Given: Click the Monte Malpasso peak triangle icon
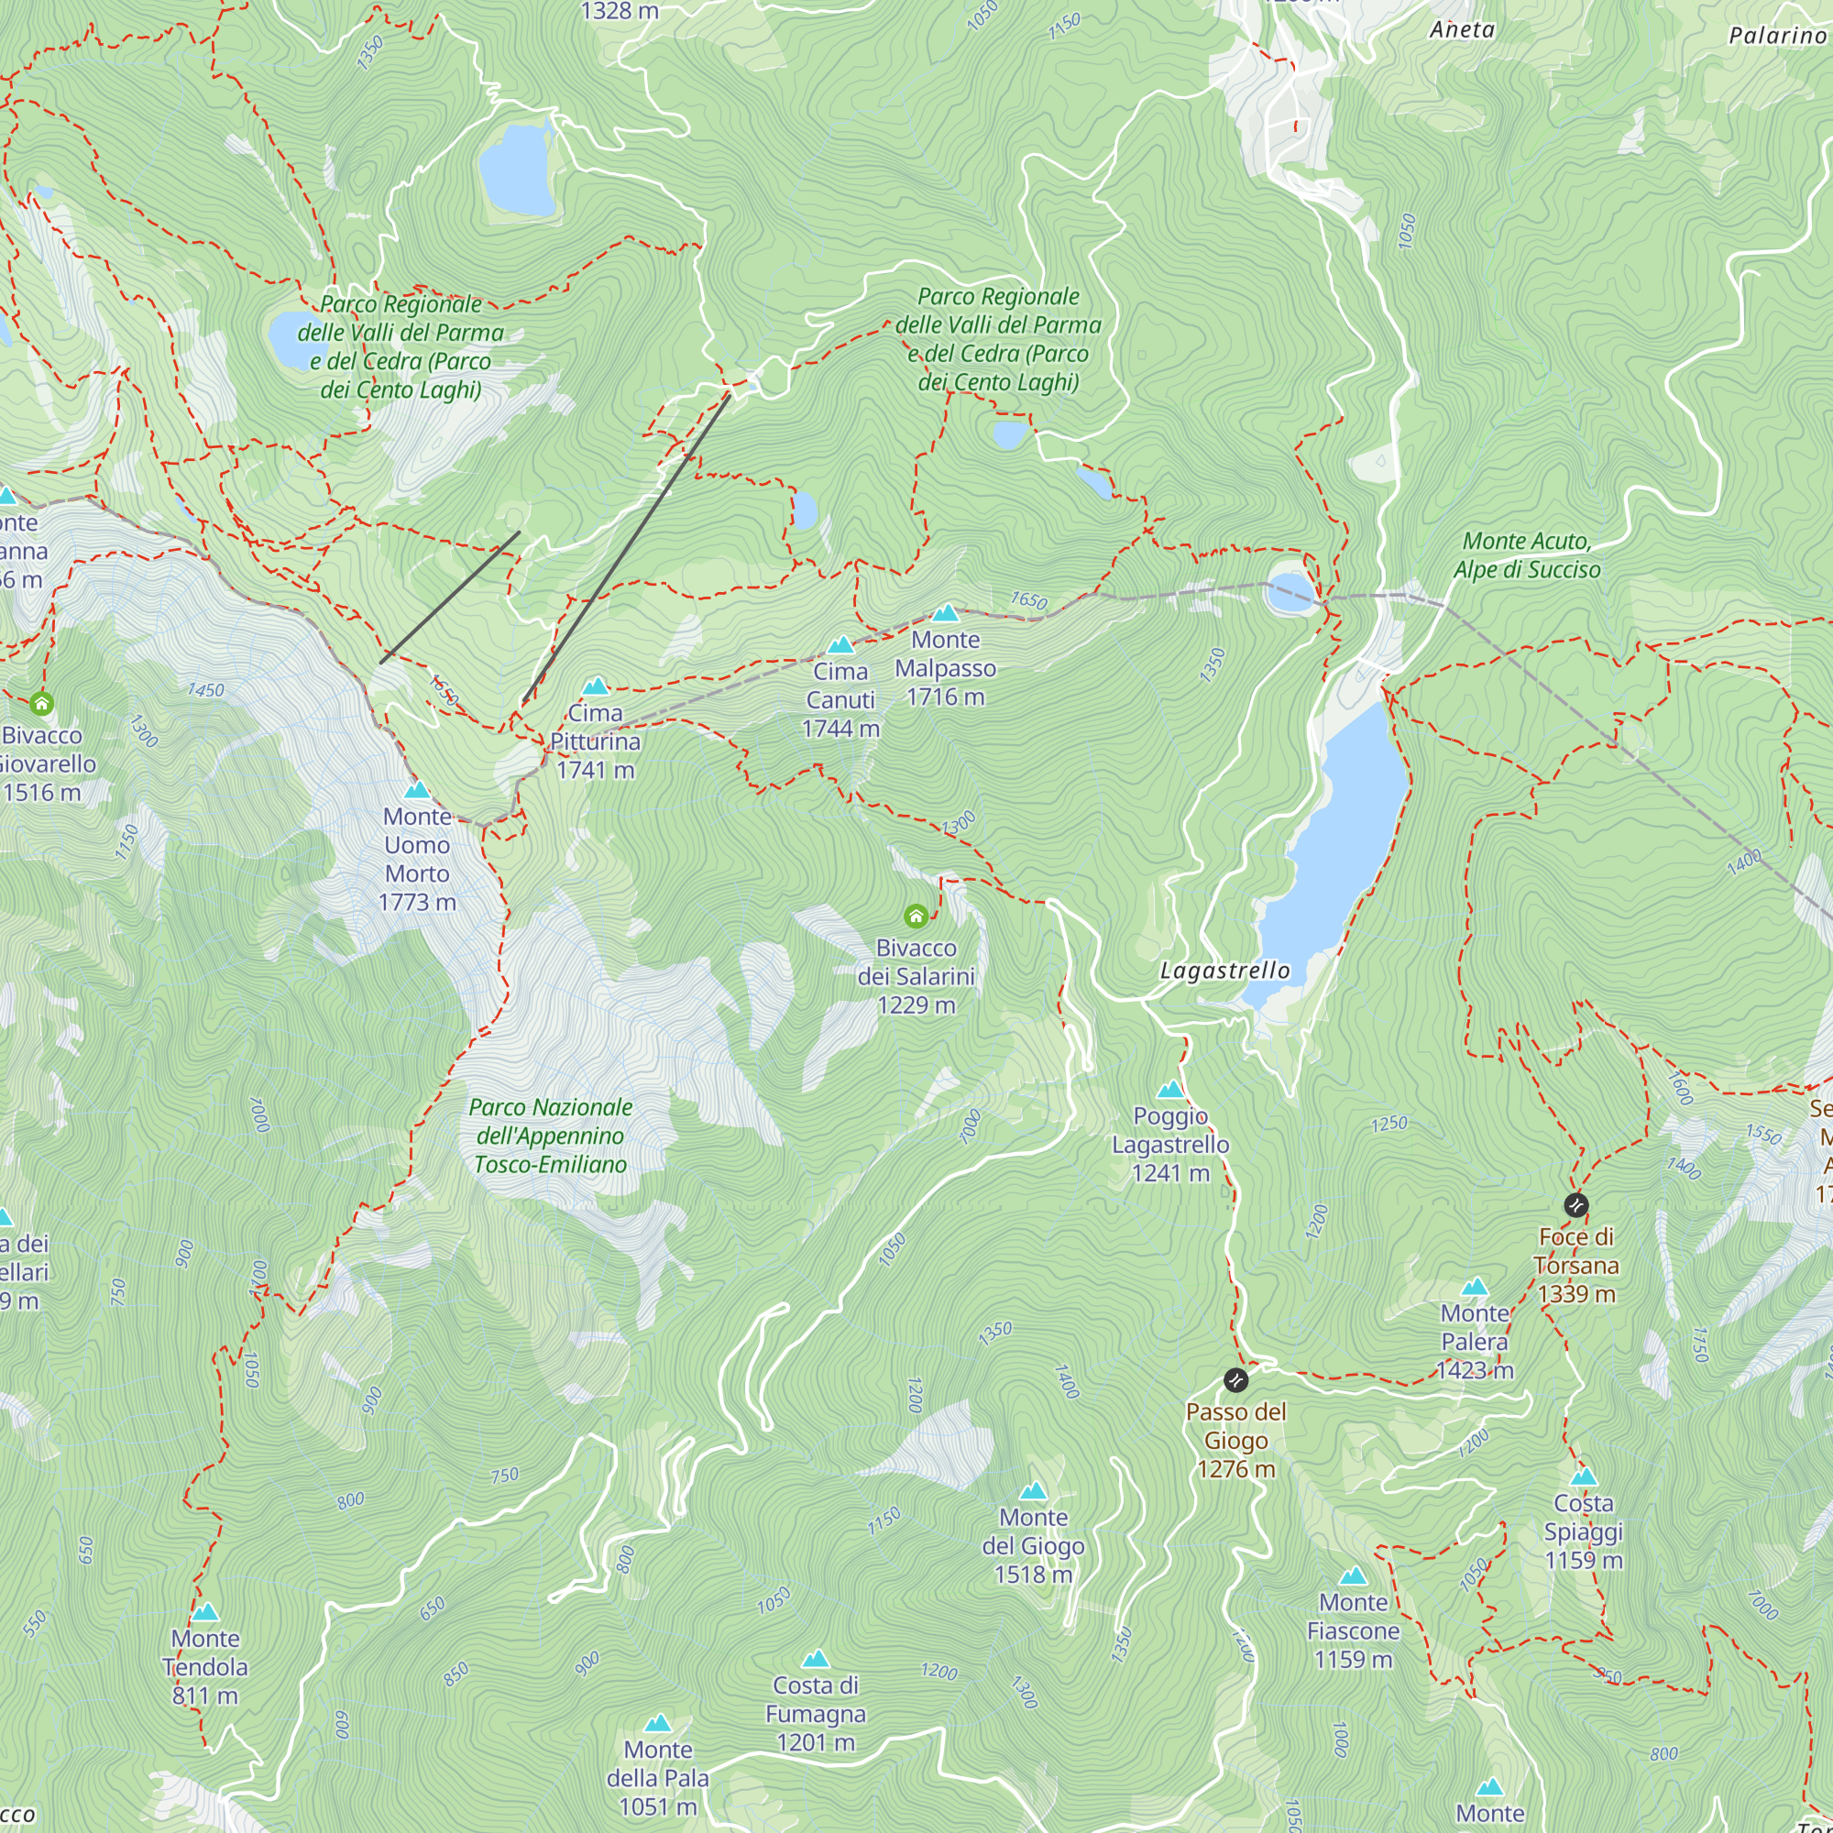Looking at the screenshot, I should tap(945, 613).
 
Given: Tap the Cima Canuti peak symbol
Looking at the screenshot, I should tap(840, 645).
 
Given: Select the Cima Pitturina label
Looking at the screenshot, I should tap(595, 741).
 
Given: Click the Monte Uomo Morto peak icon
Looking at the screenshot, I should tap(417, 789).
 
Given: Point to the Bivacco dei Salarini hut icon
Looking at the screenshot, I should tap(916, 916).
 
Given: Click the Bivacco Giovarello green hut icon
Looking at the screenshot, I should tap(41, 704).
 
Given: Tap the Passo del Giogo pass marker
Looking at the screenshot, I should tap(1235, 1379).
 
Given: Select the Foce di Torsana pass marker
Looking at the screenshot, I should tap(1575, 1205).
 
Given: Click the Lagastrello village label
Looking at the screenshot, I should tap(1224, 971).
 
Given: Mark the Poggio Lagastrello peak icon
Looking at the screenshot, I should tap(1170, 1089).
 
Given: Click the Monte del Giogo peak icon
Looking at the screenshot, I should tap(1033, 1490).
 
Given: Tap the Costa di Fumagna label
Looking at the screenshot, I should tap(815, 1714).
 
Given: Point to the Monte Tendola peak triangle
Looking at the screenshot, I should tap(205, 1612).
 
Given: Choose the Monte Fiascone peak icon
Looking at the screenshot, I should tap(1353, 1575).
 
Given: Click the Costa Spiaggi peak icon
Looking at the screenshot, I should tap(1584, 1477).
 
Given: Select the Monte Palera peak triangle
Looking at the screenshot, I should tap(1475, 1288).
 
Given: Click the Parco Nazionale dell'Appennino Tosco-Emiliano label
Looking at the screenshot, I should tap(550, 1136).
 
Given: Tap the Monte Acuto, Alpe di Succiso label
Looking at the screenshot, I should tap(1527, 555).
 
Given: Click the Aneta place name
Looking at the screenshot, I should tap(1462, 30).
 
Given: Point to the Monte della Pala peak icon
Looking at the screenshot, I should tap(657, 1723).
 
